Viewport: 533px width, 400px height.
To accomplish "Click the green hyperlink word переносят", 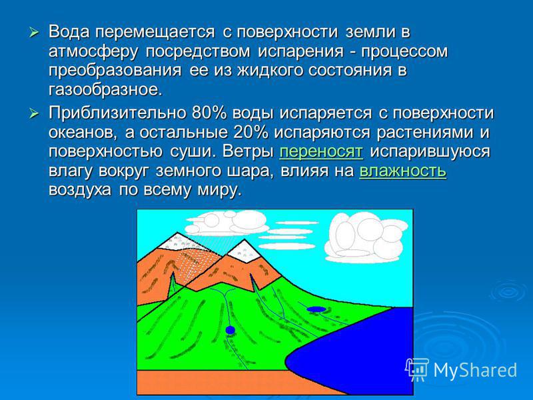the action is pos(321,151).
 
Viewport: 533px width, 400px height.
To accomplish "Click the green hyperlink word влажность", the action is pos(403,171).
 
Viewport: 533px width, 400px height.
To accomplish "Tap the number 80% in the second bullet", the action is pos(209,113).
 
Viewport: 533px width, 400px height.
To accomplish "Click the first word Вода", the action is pos(69,32).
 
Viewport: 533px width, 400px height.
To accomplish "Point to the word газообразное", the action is pos(103,90).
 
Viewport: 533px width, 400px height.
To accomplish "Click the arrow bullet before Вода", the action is pos(35,33).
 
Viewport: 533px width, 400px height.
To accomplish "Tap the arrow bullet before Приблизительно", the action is pos(35,113).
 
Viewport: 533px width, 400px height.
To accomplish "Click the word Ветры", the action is pos(248,151).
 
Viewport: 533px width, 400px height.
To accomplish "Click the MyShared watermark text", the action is pos(475,370).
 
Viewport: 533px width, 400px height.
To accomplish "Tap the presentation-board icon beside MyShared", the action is pos(417,369).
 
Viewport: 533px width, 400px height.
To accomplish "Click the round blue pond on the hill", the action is pos(230,329).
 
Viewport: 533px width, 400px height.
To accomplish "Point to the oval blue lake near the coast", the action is pos(316,309).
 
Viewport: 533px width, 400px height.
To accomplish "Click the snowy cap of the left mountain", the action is pos(179,242).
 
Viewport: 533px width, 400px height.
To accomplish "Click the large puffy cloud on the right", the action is pos(365,237).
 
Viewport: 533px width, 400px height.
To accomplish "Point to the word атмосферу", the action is pos(93,52).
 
